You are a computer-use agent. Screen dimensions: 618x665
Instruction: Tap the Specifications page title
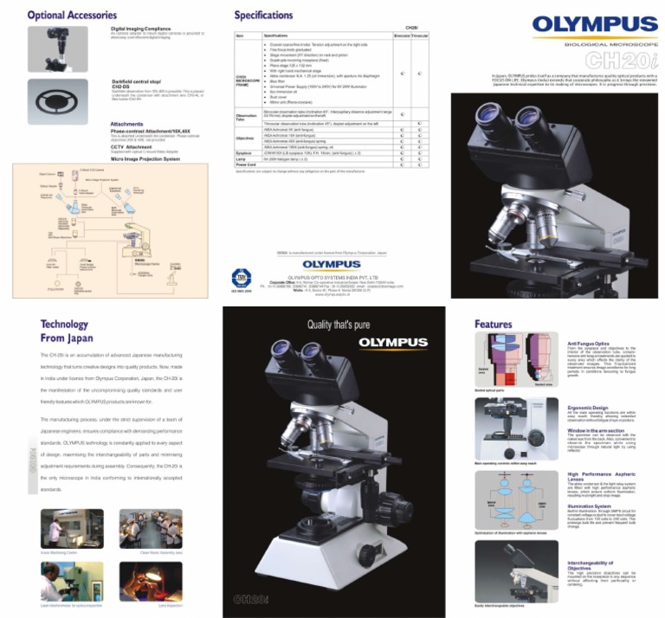(x=264, y=16)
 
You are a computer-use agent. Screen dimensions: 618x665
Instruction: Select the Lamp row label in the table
(x=244, y=159)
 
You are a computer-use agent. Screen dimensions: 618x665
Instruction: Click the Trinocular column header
(x=419, y=35)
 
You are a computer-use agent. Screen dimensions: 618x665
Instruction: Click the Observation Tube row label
(x=247, y=117)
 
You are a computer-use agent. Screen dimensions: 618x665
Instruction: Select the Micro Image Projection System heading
(x=145, y=159)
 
